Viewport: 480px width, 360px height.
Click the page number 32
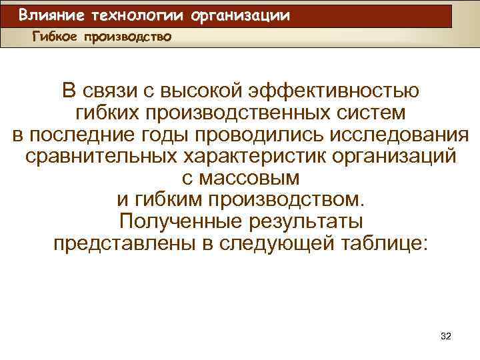click(x=446, y=337)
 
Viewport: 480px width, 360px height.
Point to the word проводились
click(x=259, y=135)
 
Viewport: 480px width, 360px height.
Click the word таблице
click(x=383, y=244)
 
